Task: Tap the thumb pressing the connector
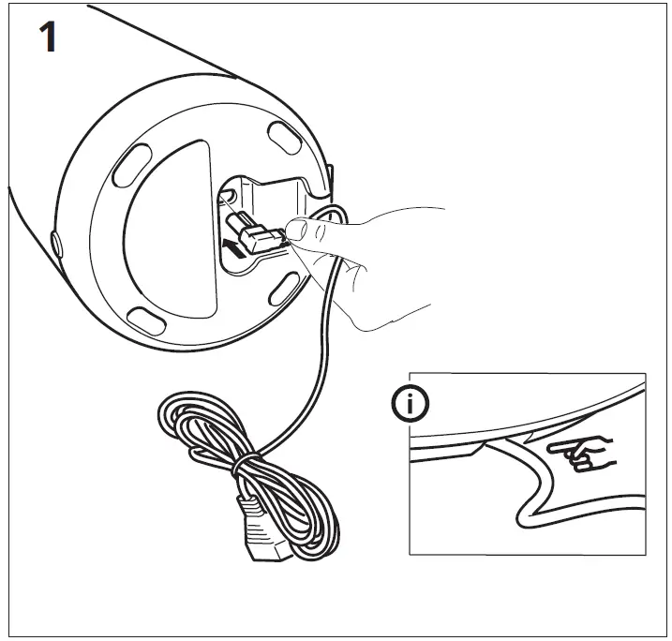point(300,228)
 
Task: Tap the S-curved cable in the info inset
point(534,487)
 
